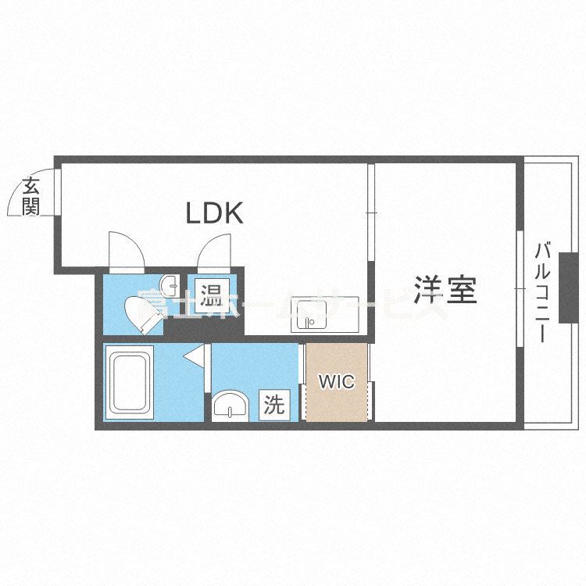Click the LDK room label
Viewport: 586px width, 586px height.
(214, 213)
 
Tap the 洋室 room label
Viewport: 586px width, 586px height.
(445, 291)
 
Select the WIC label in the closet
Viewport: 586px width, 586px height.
(337, 382)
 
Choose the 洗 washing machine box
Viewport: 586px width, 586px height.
(273, 405)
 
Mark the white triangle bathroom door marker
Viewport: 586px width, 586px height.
(194, 356)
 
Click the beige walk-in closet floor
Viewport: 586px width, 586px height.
(336, 402)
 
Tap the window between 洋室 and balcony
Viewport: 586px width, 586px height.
(519, 288)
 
